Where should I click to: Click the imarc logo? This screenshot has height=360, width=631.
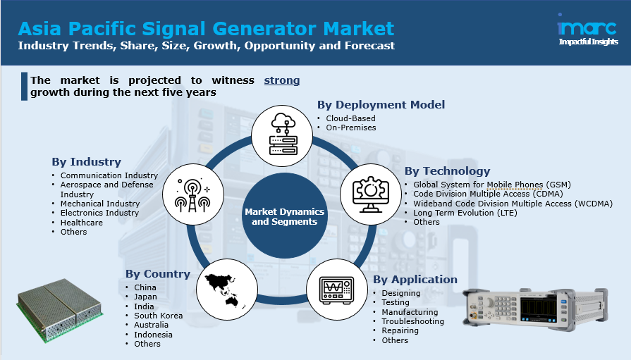pyautogui.click(x=587, y=30)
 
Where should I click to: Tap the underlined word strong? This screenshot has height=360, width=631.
pyautogui.click(x=282, y=80)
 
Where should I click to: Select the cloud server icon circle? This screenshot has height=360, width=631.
pyautogui.click(x=282, y=136)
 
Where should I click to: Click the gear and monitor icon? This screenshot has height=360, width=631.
pyautogui.click(x=371, y=194)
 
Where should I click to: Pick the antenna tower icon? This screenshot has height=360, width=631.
pyautogui.click(x=192, y=194)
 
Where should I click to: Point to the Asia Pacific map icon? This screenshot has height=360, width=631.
pyautogui.click(x=227, y=290)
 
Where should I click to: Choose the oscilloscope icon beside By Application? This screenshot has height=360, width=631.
pyautogui.click(x=337, y=290)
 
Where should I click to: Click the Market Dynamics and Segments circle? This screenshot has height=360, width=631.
pyautogui.click(x=285, y=216)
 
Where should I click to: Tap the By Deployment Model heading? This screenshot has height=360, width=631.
pyautogui.click(x=381, y=104)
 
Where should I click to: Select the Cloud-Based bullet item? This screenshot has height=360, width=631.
pyautogui.click(x=350, y=118)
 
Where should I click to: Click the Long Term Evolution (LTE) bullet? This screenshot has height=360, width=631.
pyautogui.click(x=465, y=213)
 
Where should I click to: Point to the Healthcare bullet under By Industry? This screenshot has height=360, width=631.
pyautogui.click(x=82, y=223)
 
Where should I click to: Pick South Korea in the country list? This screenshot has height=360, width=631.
pyautogui.click(x=159, y=316)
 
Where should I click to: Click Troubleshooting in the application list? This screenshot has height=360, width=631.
pyautogui.click(x=413, y=321)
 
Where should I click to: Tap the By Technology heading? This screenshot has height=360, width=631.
pyautogui.click(x=448, y=171)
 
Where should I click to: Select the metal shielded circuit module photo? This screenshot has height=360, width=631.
pyautogui.click(x=59, y=310)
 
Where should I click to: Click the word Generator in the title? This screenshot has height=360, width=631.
pyautogui.click(x=265, y=29)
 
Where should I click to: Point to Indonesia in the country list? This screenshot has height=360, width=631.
pyautogui.click(x=153, y=335)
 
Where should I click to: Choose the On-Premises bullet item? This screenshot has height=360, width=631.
pyautogui.click(x=351, y=128)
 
